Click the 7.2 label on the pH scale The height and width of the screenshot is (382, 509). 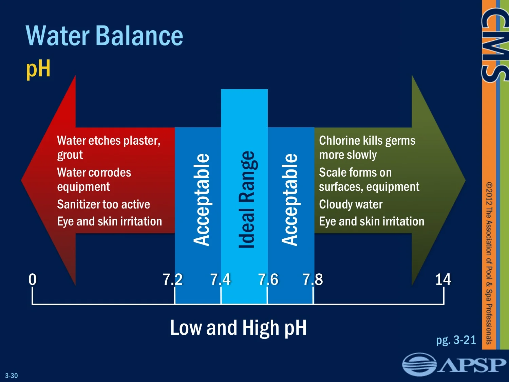(x=173, y=280)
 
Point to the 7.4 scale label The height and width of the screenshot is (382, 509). (x=220, y=280)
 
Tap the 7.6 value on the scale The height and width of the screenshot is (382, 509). (x=268, y=280)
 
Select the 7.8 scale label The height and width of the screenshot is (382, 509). (x=313, y=280)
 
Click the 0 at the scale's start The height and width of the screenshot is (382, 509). (x=33, y=279)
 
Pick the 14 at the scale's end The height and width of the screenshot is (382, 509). (x=443, y=280)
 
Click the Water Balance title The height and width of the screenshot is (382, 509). (x=105, y=36)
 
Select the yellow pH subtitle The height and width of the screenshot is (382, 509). (x=38, y=69)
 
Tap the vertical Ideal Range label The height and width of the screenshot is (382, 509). (x=246, y=200)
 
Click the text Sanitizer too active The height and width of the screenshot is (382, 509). (x=103, y=204)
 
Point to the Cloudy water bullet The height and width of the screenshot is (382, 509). (x=351, y=204)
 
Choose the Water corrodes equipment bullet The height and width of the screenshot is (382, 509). (x=94, y=180)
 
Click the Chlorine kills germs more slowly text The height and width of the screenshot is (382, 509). (x=367, y=148)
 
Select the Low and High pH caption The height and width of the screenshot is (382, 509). (x=238, y=328)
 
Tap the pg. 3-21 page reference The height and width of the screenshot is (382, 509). (x=456, y=340)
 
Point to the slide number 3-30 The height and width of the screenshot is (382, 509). (x=12, y=376)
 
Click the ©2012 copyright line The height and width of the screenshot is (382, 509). (x=489, y=263)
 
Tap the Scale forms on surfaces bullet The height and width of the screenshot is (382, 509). (x=369, y=180)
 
